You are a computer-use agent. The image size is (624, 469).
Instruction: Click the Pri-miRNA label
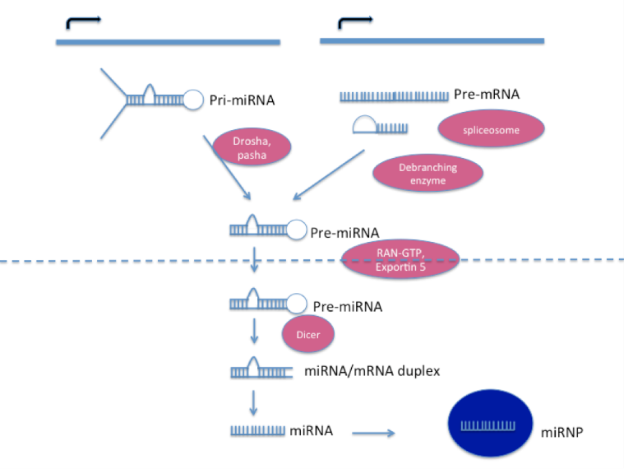[242, 100]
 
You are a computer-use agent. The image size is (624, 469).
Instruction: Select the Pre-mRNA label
[486, 95]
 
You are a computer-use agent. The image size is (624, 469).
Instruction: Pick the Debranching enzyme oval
[428, 173]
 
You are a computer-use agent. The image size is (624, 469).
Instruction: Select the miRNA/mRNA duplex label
[372, 371]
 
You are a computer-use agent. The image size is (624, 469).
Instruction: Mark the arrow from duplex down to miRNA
[254, 401]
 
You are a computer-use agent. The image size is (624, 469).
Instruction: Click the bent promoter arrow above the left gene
[82, 21]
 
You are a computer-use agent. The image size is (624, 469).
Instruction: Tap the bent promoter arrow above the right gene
[353, 20]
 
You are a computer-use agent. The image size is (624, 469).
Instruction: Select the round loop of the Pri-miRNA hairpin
[193, 100]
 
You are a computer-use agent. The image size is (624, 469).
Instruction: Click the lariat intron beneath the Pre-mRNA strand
[379, 126]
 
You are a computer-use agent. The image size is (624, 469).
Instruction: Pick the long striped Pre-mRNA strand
[394, 97]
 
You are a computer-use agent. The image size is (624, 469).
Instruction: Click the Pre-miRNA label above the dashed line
[344, 233]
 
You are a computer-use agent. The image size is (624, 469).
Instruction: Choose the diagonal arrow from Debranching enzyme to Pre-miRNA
[329, 175]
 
